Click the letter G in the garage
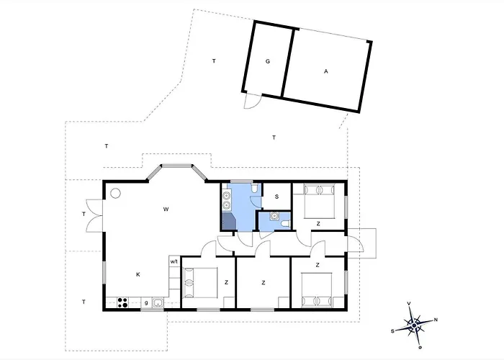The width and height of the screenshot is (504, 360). [267, 61]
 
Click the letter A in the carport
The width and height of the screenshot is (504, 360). [326, 71]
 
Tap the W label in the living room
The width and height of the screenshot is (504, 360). [166, 210]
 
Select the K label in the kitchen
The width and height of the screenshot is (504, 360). [138, 274]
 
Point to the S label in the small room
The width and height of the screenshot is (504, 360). [276, 197]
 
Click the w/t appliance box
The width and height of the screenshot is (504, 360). [174, 261]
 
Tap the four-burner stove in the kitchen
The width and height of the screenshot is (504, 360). [122, 302]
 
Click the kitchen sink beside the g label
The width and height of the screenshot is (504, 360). [158, 302]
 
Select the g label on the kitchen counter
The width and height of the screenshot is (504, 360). [146, 303]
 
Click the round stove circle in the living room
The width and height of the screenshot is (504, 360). [115, 194]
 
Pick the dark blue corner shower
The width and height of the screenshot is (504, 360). [229, 221]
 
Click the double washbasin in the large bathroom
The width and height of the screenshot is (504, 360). [227, 200]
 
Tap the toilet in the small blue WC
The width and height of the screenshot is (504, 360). [286, 224]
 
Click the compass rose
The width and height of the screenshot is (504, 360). [414, 325]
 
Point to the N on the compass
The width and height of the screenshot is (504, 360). [436, 320]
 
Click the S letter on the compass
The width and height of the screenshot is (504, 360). [392, 330]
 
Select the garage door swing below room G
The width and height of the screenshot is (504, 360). [252, 102]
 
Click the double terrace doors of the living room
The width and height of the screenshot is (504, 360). [94, 215]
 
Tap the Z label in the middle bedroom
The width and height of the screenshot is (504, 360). [264, 283]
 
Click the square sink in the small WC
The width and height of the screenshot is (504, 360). [274, 216]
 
